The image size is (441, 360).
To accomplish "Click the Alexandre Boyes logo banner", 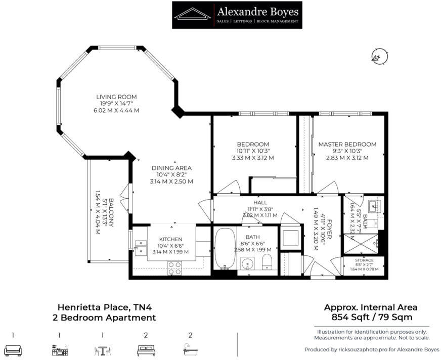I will (x=237, y=15).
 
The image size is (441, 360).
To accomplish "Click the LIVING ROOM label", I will (x=117, y=97).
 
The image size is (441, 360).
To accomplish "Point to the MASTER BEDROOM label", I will (x=347, y=144).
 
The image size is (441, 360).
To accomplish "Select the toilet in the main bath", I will (x=268, y=261).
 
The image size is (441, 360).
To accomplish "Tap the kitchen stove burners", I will (x=175, y=267).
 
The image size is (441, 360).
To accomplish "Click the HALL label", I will (x=260, y=202).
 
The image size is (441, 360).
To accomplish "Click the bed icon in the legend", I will (x=145, y=349).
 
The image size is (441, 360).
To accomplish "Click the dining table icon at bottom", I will (x=102, y=349).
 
